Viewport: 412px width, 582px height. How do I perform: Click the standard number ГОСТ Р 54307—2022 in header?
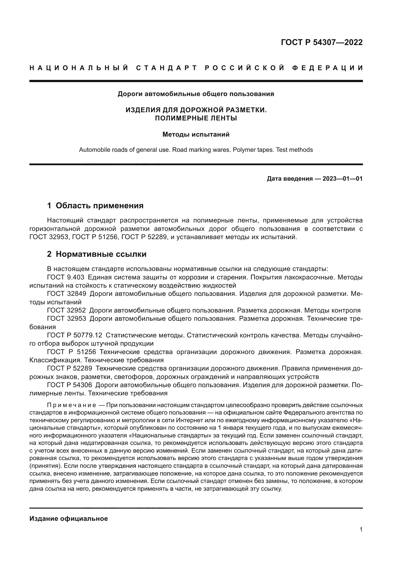(322, 42)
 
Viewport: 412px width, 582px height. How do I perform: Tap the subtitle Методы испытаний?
(196, 134)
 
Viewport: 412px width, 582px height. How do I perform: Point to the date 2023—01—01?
(343, 179)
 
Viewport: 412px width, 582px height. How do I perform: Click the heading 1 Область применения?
(95, 206)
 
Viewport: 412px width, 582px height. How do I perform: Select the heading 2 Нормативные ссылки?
(97, 254)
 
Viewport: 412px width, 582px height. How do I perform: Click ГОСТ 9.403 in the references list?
(66, 277)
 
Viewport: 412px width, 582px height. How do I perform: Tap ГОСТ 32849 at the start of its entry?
(67, 294)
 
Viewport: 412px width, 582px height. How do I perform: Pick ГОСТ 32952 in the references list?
(67, 310)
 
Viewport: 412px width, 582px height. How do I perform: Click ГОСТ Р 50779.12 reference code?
(74, 335)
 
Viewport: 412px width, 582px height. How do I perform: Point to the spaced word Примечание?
(71, 405)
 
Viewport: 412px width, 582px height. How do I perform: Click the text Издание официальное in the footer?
(69, 519)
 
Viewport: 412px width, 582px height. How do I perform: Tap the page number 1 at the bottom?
(361, 529)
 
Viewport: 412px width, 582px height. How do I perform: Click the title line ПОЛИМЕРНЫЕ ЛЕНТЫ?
(196, 118)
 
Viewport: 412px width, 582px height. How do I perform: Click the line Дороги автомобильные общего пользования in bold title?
(196, 94)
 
